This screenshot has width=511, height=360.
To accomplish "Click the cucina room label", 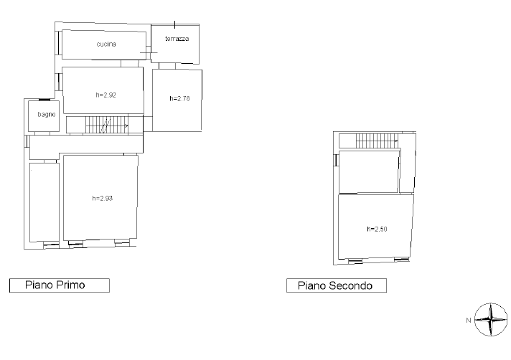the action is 106,44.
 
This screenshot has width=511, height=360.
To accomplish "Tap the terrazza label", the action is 177,39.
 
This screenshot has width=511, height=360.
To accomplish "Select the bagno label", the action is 46,115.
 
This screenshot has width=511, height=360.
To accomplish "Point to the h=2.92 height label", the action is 106,95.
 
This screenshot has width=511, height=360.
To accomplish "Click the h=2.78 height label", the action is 179,99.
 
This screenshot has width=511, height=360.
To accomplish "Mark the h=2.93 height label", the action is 103,198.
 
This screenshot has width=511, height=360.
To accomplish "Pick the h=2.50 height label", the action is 377,229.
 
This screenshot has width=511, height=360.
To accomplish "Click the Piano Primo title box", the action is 60,285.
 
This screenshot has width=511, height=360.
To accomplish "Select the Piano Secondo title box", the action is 337,285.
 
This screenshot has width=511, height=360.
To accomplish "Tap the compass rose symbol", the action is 491,320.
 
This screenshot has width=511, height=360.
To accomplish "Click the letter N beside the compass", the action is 469,321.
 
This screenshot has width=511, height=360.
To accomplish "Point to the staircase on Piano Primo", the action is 107,125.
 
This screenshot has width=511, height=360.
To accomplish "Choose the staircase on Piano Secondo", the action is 377,141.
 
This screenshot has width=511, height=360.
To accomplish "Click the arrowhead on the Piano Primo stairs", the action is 126,126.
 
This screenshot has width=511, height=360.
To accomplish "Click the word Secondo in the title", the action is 350,286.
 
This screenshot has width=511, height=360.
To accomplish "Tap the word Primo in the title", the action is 70,285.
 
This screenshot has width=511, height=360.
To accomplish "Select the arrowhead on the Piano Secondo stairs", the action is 396,141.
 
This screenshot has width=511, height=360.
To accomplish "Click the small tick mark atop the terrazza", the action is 174,24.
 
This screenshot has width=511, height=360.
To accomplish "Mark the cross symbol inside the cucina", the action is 149,52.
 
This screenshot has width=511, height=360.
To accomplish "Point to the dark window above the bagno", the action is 44,100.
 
